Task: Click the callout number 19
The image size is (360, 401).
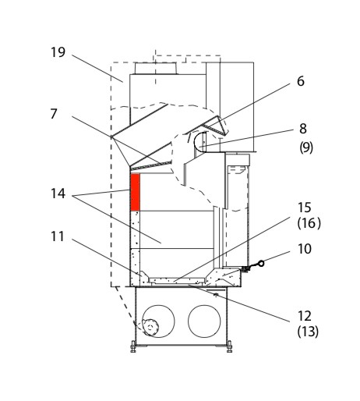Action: pyautogui.click(x=58, y=52)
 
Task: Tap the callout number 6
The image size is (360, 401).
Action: pyautogui.click(x=301, y=81)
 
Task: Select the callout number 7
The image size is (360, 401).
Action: pyautogui.click(x=54, y=114)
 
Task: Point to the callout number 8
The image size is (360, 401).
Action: pyautogui.click(x=303, y=129)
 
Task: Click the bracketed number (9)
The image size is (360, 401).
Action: pyautogui.click(x=306, y=147)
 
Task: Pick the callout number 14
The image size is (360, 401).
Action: pyautogui.click(x=58, y=193)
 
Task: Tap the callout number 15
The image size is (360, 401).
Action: pyautogui.click(x=304, y=208)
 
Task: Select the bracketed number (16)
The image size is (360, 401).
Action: pyautogui.click(x=309, y=223)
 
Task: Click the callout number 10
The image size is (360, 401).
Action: pyautogui.click(x=304, y=249)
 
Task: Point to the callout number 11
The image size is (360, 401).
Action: pyautogui.click(x=57, y=236)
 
